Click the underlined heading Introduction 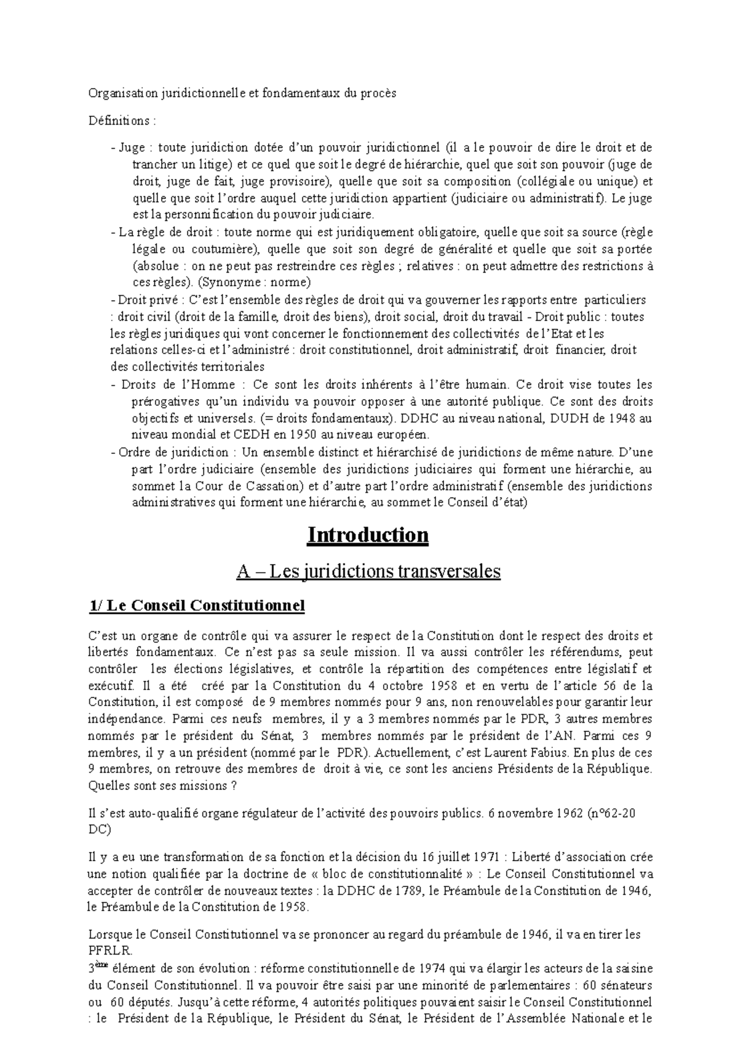368,535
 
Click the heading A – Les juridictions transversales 368,571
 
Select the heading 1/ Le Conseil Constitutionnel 197,606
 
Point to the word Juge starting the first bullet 132,148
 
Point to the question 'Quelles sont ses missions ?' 162,785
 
